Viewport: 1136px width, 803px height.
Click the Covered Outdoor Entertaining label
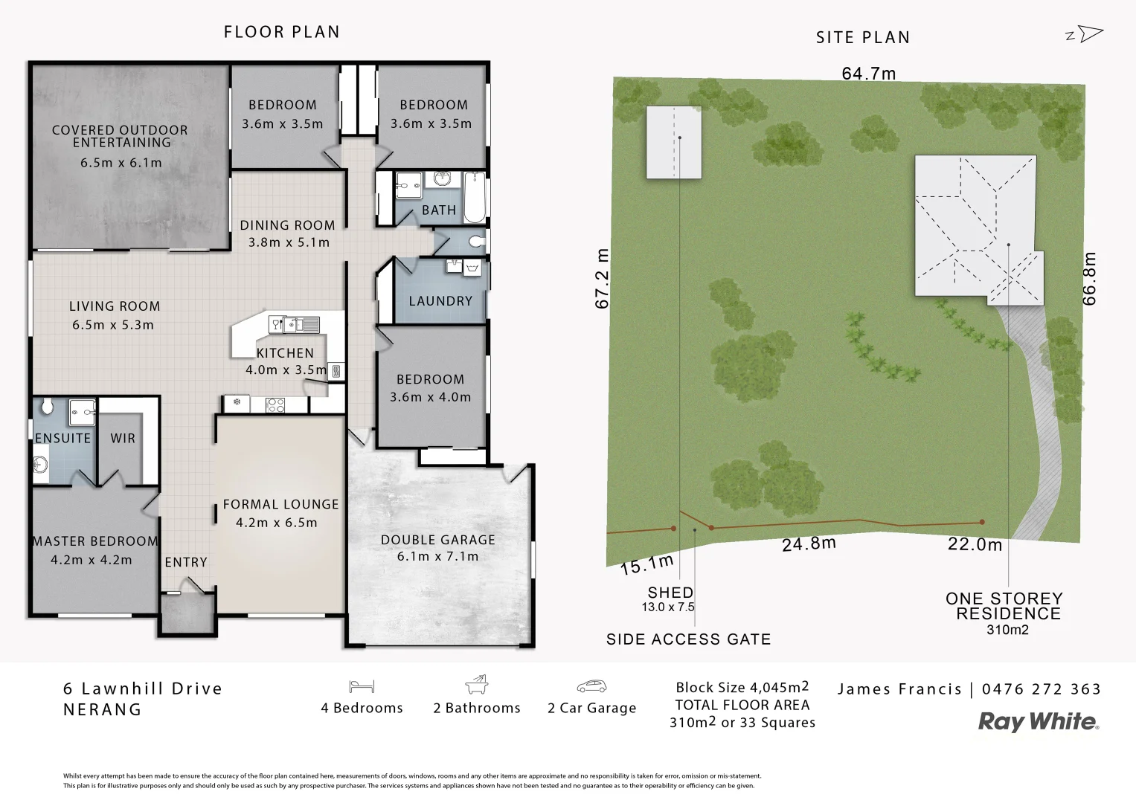pyautogui.click(x=120, y=136)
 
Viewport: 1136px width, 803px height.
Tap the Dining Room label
pyautogui.click(x=287, y=225)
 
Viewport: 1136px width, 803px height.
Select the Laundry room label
pyautogui.click(x=440, y=301)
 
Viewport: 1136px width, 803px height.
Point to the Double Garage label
pyautogui.click(x=437, y=540)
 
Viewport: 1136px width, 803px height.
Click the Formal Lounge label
pyautogui.click(x=280, y=504)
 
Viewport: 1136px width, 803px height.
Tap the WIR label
pyautogui.click(x=123, y=439)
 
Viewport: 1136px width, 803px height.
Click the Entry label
pyautogui.click(x=186, y=562)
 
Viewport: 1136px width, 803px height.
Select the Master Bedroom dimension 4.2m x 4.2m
pyautogui.click(x=92, y=560)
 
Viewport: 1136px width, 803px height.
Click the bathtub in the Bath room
pyautogui.click(x=475, y=197)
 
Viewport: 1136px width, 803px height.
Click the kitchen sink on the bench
pyautogui.click(x=295, y=324)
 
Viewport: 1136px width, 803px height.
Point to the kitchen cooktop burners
pyautogui.click(x=275, y=405)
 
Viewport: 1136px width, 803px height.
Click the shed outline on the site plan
pyautogui.click(x=673, y=142)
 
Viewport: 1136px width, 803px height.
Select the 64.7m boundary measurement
pyautogui.click(x=868, y=73)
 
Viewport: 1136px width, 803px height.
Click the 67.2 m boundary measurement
pyautogui.click(x=603, y=278)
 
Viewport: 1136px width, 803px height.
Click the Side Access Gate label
pyautogui.click(x=688, y=639)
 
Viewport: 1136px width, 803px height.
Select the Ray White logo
pyautogui.click(x=1039, y=721)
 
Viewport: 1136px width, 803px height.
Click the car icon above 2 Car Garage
pyautogui.click(x=591, y=686)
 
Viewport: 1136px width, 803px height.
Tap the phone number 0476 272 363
pyautogui.click(x=1041, y=689)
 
